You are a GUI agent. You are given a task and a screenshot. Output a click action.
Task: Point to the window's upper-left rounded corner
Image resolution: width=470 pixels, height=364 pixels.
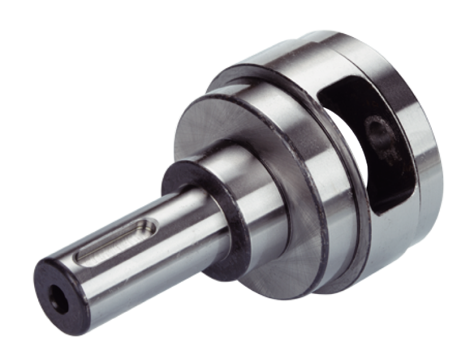pos(329,88)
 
